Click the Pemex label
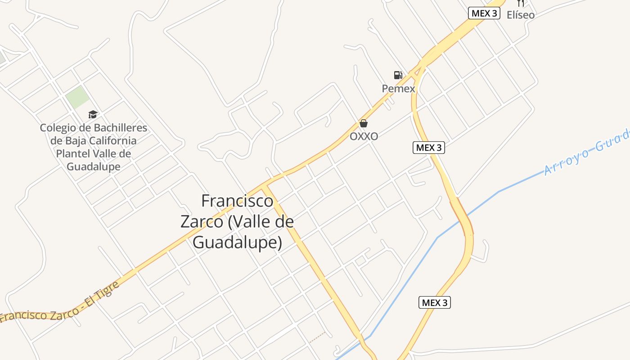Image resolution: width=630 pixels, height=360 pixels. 398,89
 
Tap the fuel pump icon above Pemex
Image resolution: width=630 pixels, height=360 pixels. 398,75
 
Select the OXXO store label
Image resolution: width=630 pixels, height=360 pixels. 364,136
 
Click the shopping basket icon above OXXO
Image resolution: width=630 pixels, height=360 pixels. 364,123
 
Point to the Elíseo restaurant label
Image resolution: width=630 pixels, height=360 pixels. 521,15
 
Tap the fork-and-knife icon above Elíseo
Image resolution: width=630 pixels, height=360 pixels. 521,3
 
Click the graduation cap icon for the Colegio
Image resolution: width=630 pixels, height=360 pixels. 93,115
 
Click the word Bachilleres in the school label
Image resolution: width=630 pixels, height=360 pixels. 120,128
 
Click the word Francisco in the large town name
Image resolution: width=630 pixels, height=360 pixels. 237,201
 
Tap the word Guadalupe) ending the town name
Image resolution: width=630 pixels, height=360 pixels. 237,242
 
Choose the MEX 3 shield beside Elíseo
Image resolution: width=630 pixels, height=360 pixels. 484,13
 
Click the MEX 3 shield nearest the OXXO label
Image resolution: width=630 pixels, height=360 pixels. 428,148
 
